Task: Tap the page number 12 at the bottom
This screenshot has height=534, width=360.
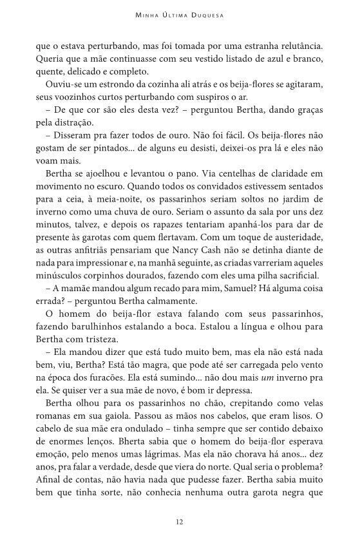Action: (180, 520)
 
